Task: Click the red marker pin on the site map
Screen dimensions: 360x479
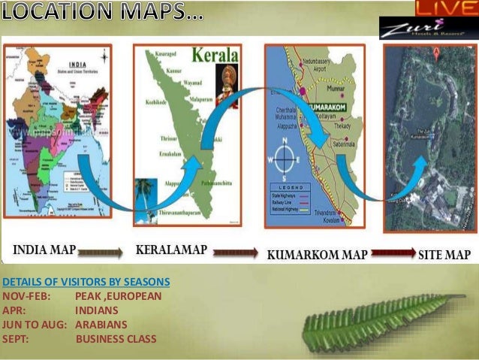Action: [x=435, y=53]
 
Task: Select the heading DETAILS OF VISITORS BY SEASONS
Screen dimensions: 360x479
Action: [x=86, y=282]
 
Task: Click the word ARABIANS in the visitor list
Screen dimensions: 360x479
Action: [x=101, y=325]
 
